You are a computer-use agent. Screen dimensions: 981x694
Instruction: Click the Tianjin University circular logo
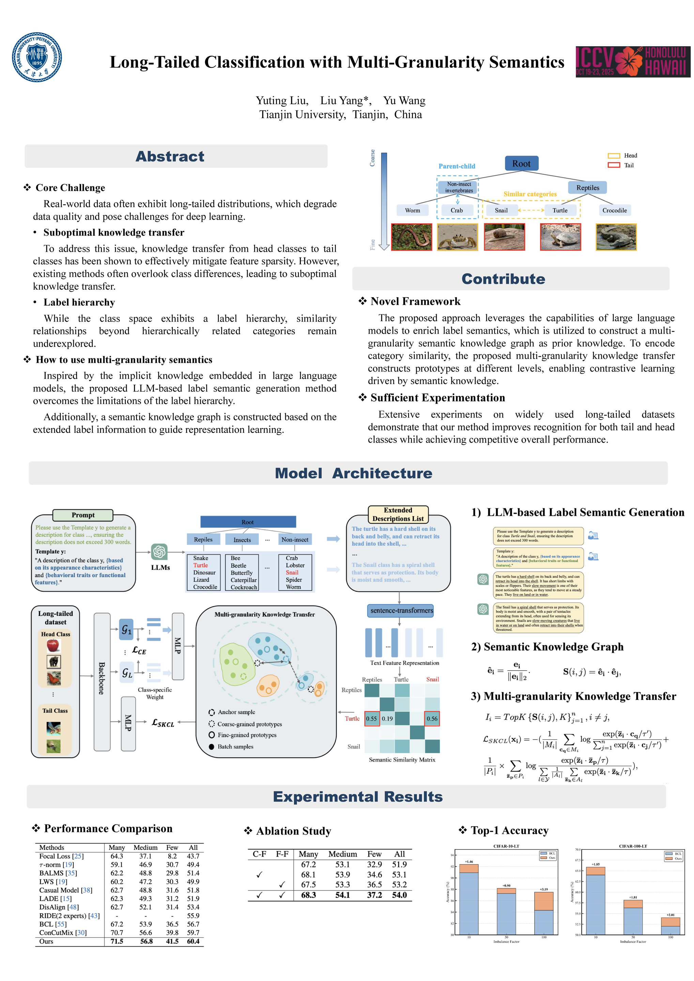37,57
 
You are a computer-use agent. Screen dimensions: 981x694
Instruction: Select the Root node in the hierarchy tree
521,163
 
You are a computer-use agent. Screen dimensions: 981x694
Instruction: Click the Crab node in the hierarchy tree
457,210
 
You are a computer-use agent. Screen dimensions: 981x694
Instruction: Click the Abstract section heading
170,156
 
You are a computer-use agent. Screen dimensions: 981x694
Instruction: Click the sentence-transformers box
401,610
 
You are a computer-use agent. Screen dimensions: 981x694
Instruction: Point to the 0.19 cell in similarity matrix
387,719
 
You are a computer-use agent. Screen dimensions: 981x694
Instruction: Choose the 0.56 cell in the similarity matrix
432,719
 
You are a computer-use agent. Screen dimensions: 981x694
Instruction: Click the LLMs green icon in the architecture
159,551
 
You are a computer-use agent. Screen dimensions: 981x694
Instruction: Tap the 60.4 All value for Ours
193,941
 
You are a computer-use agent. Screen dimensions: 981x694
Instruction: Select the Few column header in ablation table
374,854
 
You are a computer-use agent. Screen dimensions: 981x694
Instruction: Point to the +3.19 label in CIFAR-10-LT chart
543,889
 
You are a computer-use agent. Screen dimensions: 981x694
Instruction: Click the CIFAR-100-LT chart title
633,846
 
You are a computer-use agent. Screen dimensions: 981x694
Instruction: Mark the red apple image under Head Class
54,645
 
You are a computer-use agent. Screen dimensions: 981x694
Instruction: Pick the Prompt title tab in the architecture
83,515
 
